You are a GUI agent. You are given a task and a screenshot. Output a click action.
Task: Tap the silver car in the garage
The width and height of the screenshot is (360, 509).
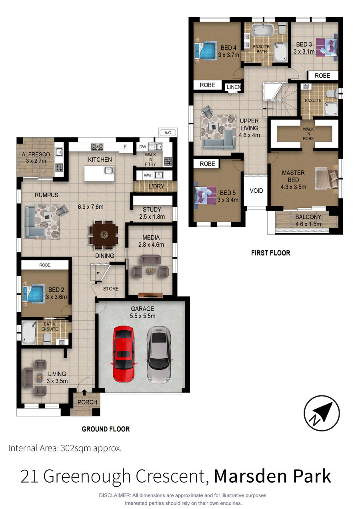click(x=159, y=355)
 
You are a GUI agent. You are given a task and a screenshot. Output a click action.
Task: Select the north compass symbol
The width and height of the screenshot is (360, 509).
click(x=322, y=413)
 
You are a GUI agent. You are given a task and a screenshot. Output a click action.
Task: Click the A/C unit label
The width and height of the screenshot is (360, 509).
click(x=168, y=133)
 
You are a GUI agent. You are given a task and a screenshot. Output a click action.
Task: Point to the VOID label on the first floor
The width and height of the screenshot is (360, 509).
click(x=256, y=191)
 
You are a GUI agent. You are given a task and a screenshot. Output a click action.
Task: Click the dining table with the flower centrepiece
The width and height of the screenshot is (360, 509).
click(x=104, y=234)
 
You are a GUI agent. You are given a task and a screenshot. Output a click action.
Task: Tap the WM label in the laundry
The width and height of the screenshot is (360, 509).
click(x=147, y=176)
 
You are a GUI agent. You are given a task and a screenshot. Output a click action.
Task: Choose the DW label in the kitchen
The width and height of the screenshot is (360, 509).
click(x=143, y=147)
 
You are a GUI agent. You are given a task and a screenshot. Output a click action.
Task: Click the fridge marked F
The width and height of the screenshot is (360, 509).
click(x=125, y=147)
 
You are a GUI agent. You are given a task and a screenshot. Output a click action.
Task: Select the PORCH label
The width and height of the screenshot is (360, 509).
click(x=87, y=402)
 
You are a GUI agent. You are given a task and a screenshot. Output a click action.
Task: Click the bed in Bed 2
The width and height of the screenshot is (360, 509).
click(x=34, y=294)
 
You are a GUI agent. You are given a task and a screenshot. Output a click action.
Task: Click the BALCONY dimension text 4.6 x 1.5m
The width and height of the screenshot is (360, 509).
click(x=308, y=224)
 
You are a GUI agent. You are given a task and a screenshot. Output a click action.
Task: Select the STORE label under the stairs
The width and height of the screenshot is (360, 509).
click(x=111, y=289)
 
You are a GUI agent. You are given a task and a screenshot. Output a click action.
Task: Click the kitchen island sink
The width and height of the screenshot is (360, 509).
click(x=109, y=170)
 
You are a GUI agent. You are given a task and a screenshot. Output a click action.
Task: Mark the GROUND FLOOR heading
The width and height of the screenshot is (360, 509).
click(x=106, y=429)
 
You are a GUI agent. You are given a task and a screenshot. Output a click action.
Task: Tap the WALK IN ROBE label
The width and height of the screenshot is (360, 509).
click(x=308, y=134)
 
